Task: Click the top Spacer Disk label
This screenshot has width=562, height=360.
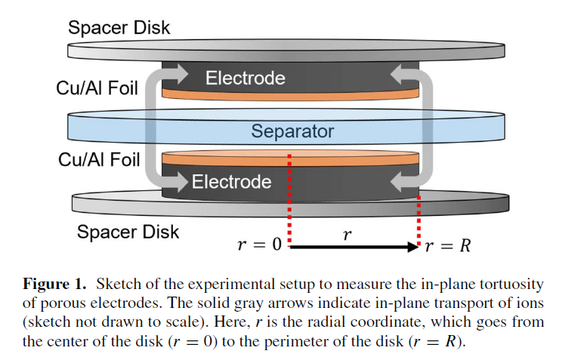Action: point(119,28)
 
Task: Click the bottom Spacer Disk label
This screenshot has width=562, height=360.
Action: point(128,231)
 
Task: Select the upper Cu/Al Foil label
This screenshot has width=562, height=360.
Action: point(97,88)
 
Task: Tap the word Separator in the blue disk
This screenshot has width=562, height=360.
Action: point(292,131)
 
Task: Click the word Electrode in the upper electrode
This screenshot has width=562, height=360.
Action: point(245,78)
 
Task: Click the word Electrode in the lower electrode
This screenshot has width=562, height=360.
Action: point(231,182)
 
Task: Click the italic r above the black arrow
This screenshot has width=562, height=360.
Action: point(347,235)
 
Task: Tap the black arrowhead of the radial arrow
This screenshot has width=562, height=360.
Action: point(413,247)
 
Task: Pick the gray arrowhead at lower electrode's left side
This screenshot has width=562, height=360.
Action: point(181,182)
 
